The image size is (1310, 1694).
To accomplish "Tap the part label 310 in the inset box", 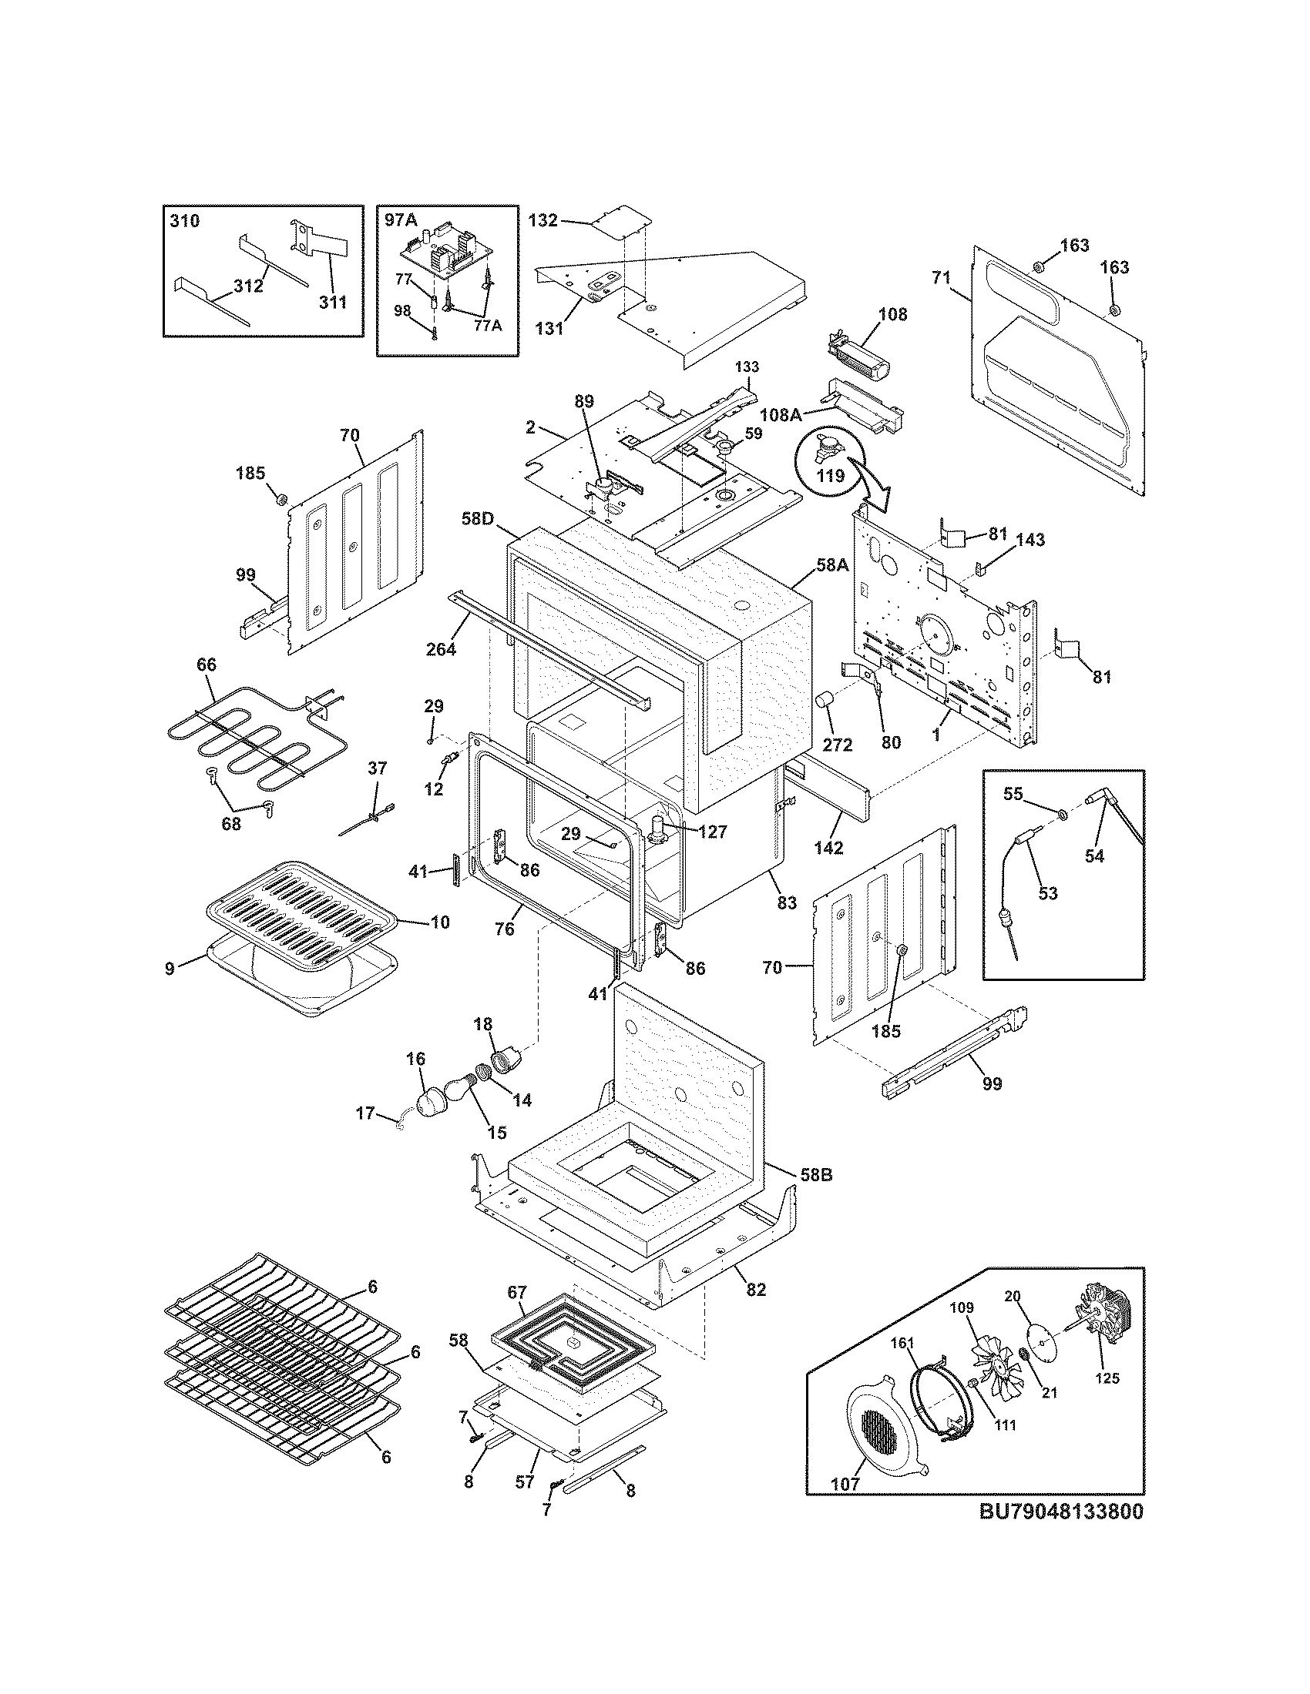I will point(184,221).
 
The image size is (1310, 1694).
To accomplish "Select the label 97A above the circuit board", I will point(401,220).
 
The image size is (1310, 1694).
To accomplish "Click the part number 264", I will point(441,648).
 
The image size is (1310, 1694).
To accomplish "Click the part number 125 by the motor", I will point(1107,1378).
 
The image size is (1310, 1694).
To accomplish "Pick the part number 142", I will point(828,848).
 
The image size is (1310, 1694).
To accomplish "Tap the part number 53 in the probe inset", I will point(1047,892).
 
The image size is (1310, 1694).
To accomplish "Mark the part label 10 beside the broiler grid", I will point(440,923).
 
